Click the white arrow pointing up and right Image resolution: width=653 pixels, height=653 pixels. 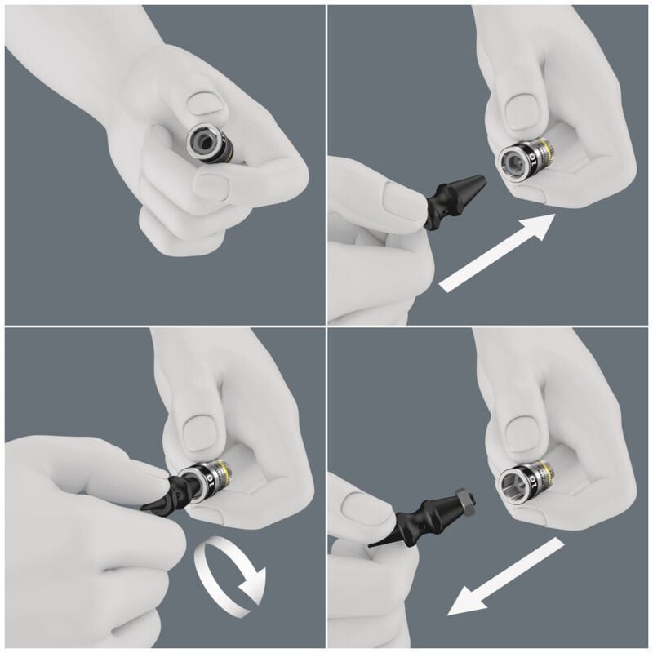[498, 254]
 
